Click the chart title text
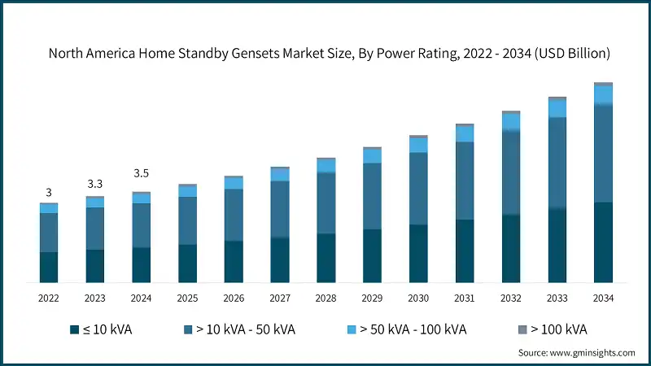pos(329,54)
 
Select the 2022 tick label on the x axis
pos(49,298)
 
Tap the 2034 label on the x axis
pos(603,298)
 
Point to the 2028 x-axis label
pos(325,298)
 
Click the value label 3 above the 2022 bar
pos(49,193)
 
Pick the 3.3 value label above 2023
pos(95,185)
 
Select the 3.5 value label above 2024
pos(141,173)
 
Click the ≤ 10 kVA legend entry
pos(101,329)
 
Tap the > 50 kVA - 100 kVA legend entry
pos(406,329)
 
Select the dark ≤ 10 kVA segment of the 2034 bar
pos(603,242)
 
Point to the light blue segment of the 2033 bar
pos(557,108)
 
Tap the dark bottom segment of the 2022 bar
pos(49,268)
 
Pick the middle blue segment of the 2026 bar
pos(234,215)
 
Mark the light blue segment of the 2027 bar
pos(280,175)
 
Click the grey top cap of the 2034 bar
pos(603,84)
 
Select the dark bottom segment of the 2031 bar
pos(465,251)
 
